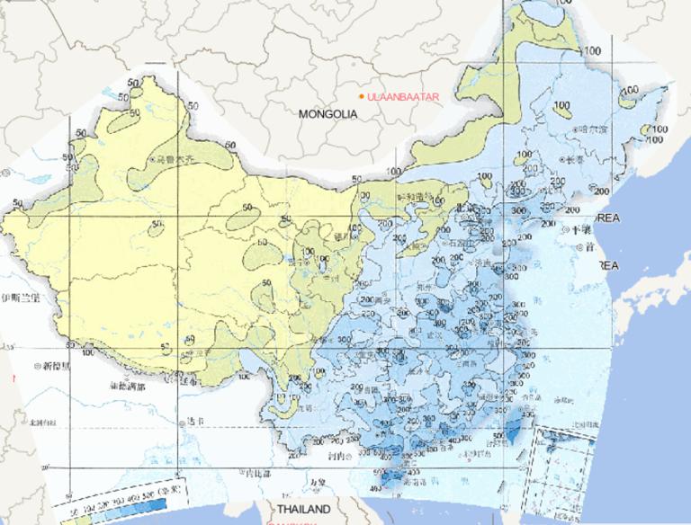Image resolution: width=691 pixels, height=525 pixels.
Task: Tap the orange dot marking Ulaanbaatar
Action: click(361, 96)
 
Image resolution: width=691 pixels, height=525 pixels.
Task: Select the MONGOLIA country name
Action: click(328, 114)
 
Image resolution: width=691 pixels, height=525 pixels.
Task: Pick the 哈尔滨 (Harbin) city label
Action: click(593, 129)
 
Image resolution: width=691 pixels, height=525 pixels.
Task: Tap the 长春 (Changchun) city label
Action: click(576, 160)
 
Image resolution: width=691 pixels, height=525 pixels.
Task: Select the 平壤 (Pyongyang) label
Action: click(576, 229)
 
